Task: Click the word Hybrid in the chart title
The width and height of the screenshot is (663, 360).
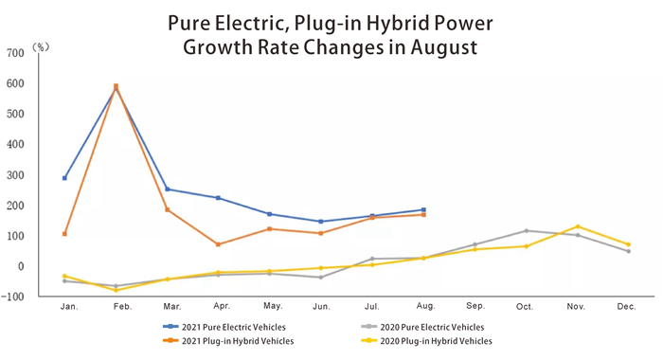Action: (408, 21)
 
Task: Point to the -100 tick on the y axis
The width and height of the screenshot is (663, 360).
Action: (17, 297)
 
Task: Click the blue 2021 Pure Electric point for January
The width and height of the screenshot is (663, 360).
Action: (64, 178)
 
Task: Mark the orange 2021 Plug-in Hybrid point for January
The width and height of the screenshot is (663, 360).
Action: (64, 234)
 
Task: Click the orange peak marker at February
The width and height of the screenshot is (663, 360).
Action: (116, 86)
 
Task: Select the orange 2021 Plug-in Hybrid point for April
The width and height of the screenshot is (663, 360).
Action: (218, 244)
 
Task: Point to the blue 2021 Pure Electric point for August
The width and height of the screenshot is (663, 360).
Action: (423, 209)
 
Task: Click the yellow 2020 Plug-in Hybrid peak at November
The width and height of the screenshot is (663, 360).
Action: (578, 226)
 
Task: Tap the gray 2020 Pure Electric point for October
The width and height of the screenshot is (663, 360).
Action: (527, 230)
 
